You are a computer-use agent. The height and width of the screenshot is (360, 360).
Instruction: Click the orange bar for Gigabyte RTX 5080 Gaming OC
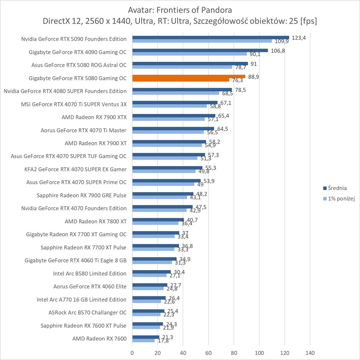click(189, 76)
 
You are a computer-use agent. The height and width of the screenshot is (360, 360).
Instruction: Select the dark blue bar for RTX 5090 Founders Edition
click(211, 37)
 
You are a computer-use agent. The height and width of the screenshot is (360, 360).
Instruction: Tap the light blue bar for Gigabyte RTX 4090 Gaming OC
click(189, 54)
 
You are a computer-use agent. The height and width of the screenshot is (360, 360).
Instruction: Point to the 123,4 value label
click(299, 38)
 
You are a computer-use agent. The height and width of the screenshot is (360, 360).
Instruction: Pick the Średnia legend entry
click(335, 188)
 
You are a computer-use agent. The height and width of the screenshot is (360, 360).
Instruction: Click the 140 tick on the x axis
click(310, 353)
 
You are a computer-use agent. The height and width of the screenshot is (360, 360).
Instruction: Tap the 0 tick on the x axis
click(132, 353)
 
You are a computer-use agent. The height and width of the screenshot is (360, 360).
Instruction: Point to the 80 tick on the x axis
click(234, 353)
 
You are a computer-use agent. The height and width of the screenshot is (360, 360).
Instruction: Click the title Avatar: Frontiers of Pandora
click(180, 10)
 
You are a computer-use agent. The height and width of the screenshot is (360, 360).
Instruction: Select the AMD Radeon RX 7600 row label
click(99, 339)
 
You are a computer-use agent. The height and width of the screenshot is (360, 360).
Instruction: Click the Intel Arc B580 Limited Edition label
click(90, 273)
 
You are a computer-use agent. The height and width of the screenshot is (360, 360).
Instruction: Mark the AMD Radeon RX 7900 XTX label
click(94, 117)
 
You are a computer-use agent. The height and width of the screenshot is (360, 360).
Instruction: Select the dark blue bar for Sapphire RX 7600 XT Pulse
click(148, 324)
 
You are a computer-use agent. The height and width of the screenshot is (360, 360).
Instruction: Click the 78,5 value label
click(240, 90)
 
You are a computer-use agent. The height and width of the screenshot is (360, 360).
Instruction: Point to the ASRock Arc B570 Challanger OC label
click(87, 312)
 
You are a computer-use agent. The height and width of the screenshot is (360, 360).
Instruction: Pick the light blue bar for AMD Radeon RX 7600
click(143, 340)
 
